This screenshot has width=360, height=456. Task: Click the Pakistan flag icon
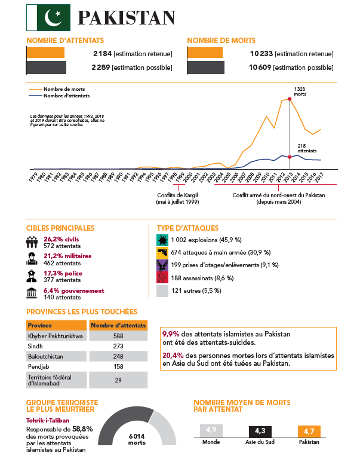point(48,17)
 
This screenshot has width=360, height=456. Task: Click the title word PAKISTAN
point(127,18)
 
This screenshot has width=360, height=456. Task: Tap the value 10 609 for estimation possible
point(261,67)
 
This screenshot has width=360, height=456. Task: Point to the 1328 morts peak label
point(300,91)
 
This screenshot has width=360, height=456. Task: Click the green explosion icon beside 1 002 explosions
point(162,240)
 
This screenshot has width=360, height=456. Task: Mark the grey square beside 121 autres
point(162,290)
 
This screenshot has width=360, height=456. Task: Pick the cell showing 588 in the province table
point(118,336)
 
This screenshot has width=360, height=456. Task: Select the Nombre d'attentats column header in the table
point(118,325)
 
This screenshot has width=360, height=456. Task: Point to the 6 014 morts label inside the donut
point(137,439)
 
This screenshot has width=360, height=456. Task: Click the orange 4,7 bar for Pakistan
point(308,431)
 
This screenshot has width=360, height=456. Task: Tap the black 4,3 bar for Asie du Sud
point(260,431)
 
